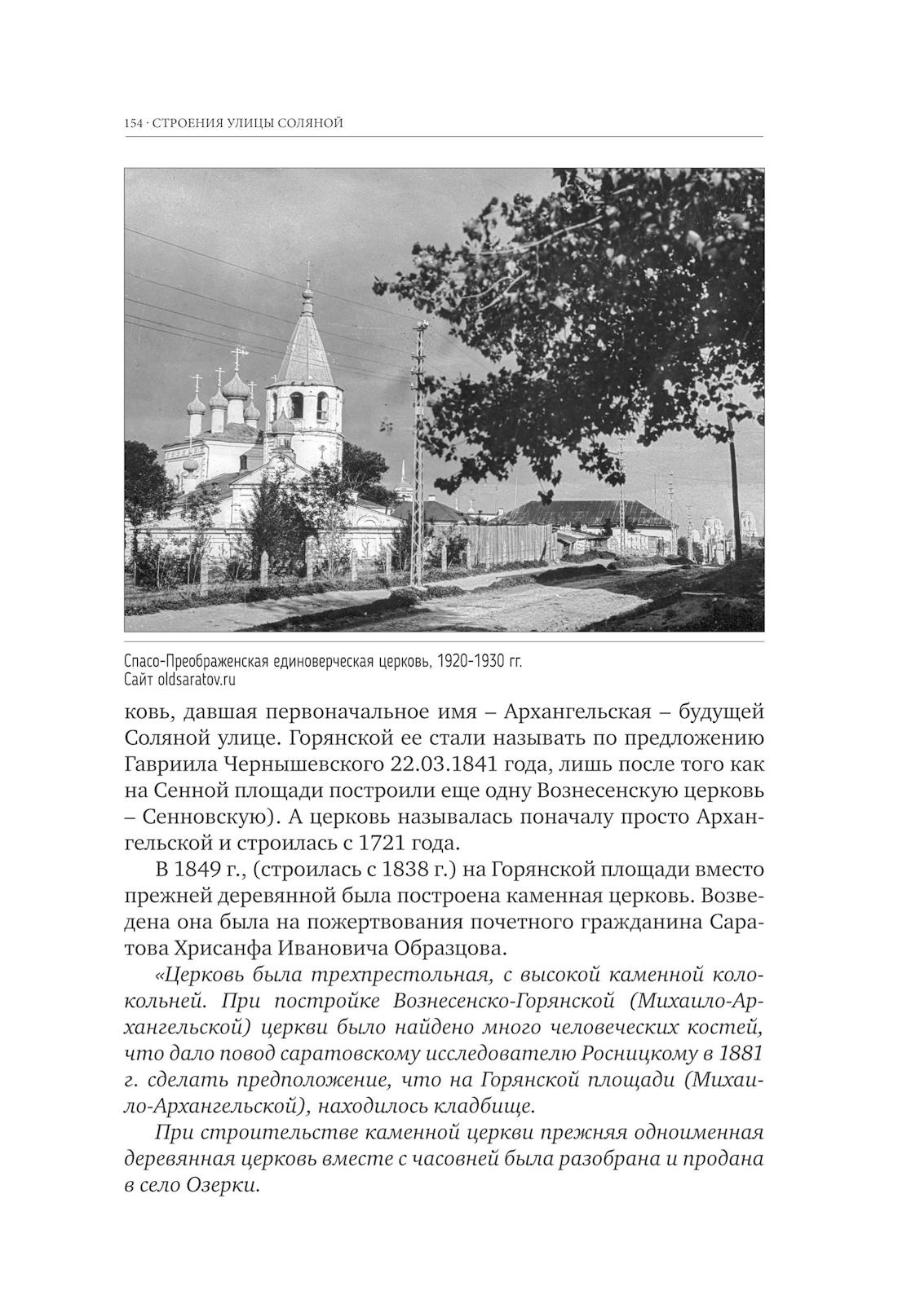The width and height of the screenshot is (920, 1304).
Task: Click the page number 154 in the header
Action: pyautogui.click(x=134, y=123)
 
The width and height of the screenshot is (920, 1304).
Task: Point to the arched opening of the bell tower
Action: pyautogui.click(x=298, y=405)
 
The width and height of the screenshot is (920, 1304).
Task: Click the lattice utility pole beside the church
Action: pyautogui.click(x=419, y=456)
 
